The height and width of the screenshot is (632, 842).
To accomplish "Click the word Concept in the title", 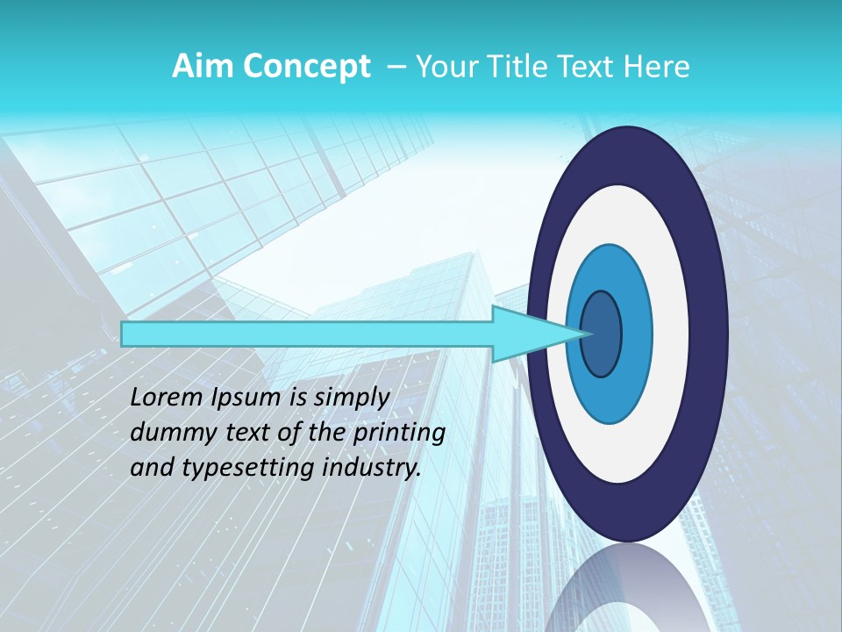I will [x=306, y=68].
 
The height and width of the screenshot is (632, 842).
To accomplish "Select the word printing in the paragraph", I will [x=399, y=433].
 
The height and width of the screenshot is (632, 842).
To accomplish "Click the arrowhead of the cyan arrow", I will [x=535, y=334].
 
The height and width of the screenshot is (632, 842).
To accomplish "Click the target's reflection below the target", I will [x=627, y=592].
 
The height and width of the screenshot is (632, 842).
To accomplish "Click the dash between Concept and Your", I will [x=395, y=67].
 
